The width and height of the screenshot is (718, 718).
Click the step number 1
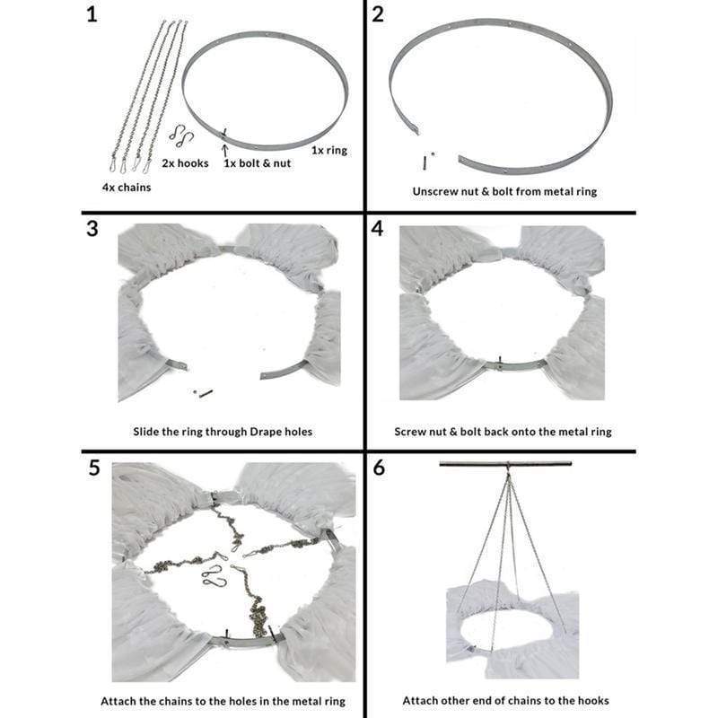(92, 16)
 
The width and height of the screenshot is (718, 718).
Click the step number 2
(378, 16)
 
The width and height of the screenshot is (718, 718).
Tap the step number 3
(92, 228)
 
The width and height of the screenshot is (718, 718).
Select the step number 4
(378, 228)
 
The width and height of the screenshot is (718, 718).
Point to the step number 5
(92, 468)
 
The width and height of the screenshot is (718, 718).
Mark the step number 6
(378, 468)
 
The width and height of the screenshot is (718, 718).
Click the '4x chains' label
(126, 188)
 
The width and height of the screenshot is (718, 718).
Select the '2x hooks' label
(185, 162)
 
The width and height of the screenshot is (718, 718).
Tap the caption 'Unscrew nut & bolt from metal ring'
(504, 191)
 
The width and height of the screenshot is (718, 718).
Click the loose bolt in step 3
(204, 392)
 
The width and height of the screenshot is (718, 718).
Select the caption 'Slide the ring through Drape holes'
(220, 432)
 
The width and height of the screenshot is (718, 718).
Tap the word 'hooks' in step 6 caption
(581, 700)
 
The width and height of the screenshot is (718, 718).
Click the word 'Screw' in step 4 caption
(412, 432)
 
